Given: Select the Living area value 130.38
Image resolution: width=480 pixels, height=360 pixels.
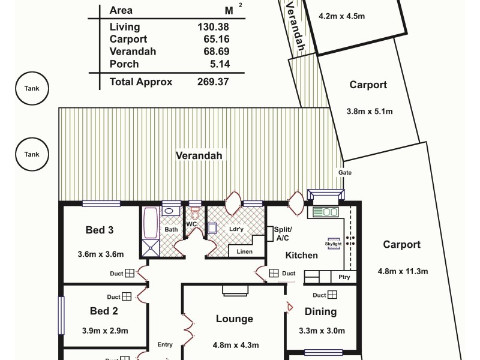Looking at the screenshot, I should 213,27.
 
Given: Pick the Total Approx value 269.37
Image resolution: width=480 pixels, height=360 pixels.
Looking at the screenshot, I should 213,82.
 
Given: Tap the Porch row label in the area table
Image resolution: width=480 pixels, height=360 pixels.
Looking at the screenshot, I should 124,64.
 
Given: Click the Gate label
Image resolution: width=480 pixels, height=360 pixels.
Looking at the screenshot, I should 345,173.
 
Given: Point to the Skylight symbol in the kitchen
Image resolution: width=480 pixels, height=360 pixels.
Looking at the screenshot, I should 334,244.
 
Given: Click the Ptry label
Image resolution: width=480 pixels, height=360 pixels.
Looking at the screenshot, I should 344,277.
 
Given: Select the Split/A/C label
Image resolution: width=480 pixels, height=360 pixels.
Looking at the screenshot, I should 283,233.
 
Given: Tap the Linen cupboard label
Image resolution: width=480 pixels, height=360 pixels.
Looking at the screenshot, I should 244,251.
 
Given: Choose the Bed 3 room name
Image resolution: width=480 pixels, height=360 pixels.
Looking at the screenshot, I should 100,230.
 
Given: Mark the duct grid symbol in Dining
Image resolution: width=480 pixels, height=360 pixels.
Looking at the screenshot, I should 332,295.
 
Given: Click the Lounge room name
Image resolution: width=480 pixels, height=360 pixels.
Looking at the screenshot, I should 235,319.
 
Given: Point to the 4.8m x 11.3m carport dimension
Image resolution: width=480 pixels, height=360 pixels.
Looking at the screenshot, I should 403,271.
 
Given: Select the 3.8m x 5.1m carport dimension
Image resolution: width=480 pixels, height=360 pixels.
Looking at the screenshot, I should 370,111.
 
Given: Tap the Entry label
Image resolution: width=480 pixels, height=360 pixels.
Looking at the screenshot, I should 165,344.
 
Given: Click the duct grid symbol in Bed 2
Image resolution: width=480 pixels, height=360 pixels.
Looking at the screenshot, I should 127,296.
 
